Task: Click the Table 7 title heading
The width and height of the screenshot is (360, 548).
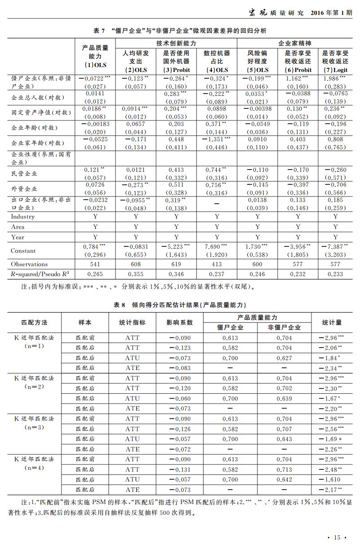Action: pos(180,31)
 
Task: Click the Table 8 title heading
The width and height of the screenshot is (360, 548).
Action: pos(180,305)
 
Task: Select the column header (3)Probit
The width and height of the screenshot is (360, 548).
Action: pos(177,70)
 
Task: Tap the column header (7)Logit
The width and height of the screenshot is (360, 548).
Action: pos(335,70)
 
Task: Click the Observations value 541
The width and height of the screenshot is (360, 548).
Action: pos(95,264)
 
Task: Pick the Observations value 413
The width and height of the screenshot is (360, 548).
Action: pos(217,264)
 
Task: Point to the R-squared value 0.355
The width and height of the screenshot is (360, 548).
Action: pos(136,274)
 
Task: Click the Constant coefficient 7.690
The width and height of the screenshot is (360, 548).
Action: pos(215,246)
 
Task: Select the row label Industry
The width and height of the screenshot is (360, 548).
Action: pos(23,217)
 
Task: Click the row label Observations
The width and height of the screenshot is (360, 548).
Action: pos(29,264)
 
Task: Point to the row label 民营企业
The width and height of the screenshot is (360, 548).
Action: pos(24,174)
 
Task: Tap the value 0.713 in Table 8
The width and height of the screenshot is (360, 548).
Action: pos(284,470)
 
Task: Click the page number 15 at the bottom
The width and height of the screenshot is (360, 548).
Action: pos(337,537)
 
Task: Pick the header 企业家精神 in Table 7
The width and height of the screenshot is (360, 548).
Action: pos(295,43)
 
